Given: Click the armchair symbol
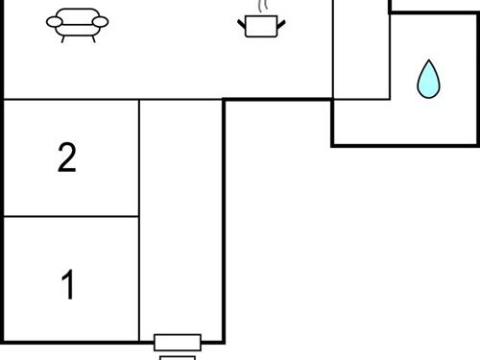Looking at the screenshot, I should tap(77, 23).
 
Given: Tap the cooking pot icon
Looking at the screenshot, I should tap(256, 24).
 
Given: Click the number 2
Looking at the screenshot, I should tap(66, 158).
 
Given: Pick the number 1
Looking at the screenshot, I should tap(67, 285).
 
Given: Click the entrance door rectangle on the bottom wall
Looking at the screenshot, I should tap(178, 342).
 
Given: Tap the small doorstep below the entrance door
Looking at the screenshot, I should tap(178, 357).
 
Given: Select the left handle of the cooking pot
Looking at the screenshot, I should tap(241, 20).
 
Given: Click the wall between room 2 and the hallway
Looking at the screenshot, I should tap(139, 158).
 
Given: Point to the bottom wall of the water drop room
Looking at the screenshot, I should tap(403, 145).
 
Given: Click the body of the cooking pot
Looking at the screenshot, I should tap(256, 28).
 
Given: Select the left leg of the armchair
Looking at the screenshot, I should tap(63, 38).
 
